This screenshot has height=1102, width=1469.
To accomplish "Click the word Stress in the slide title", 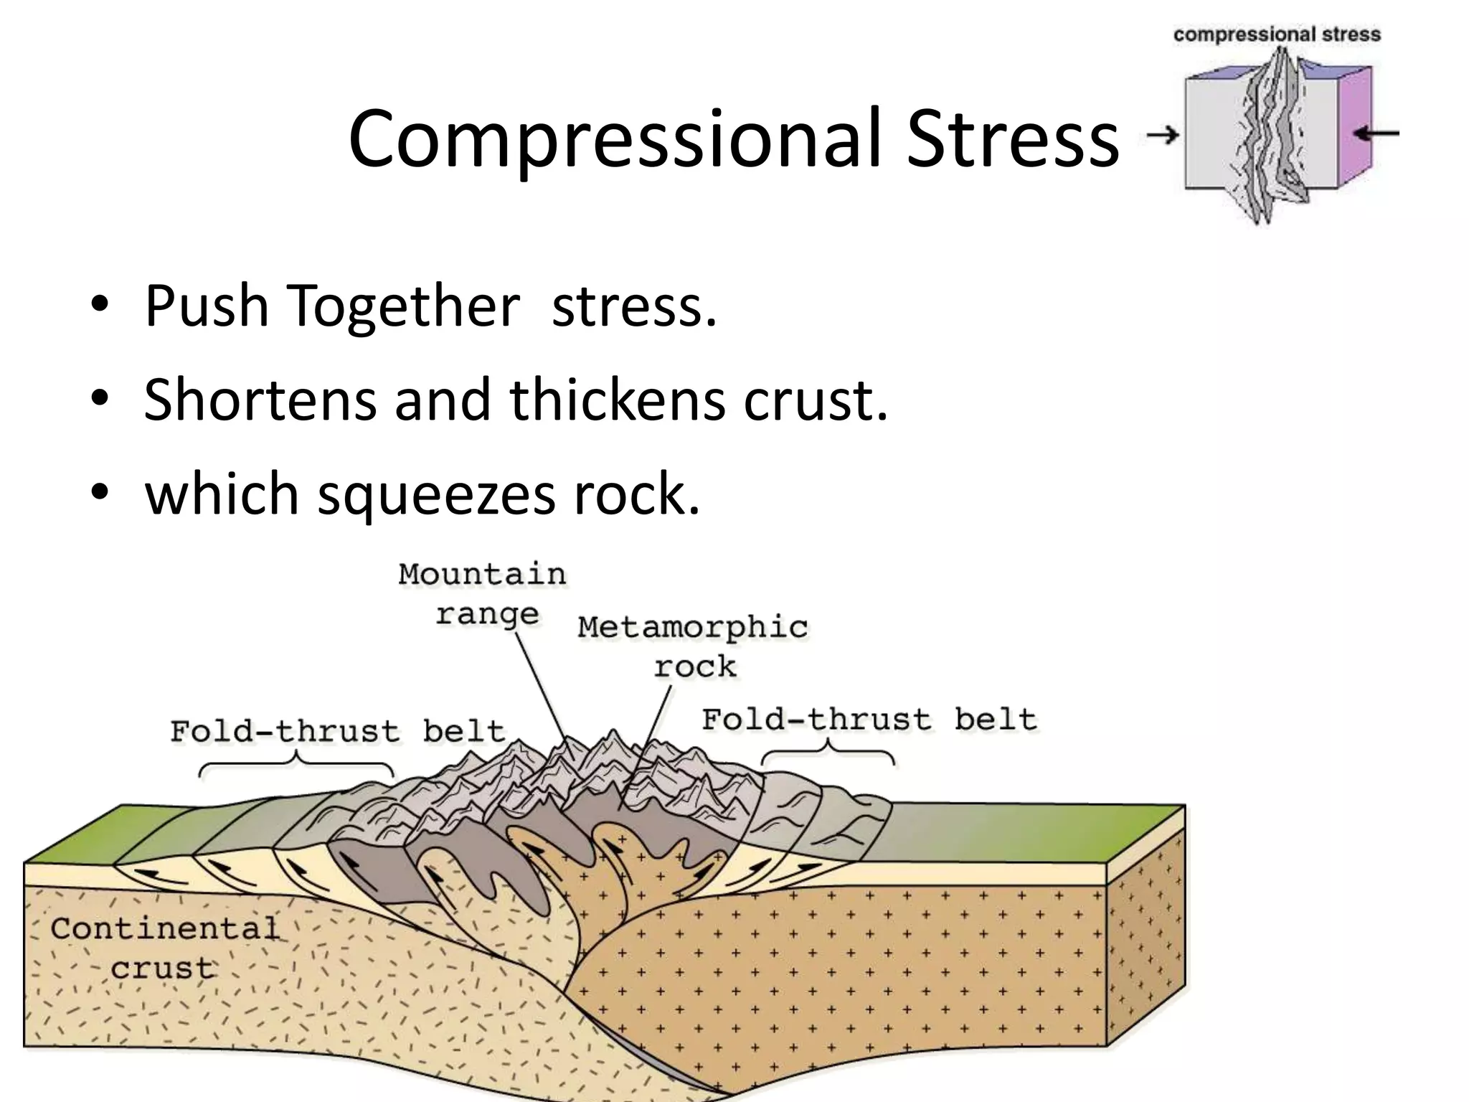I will click(1011, 138).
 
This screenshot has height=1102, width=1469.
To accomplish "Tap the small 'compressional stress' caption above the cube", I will click(1277, 34).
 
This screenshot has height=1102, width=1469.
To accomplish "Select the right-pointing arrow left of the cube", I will click(1163, 134).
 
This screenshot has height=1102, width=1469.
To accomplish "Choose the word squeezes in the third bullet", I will click(436, 494).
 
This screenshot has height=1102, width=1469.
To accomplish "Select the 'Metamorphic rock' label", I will click(693, 646).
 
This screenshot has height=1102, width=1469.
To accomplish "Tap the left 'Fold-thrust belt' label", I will click(337, 731).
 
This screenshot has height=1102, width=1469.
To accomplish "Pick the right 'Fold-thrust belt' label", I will click(869, 719).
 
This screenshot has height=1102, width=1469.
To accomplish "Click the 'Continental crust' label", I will click(164, 948).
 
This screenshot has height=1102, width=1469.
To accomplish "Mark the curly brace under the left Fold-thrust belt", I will click(296, 765).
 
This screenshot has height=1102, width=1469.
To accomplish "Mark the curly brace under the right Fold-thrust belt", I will click(828, 754).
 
